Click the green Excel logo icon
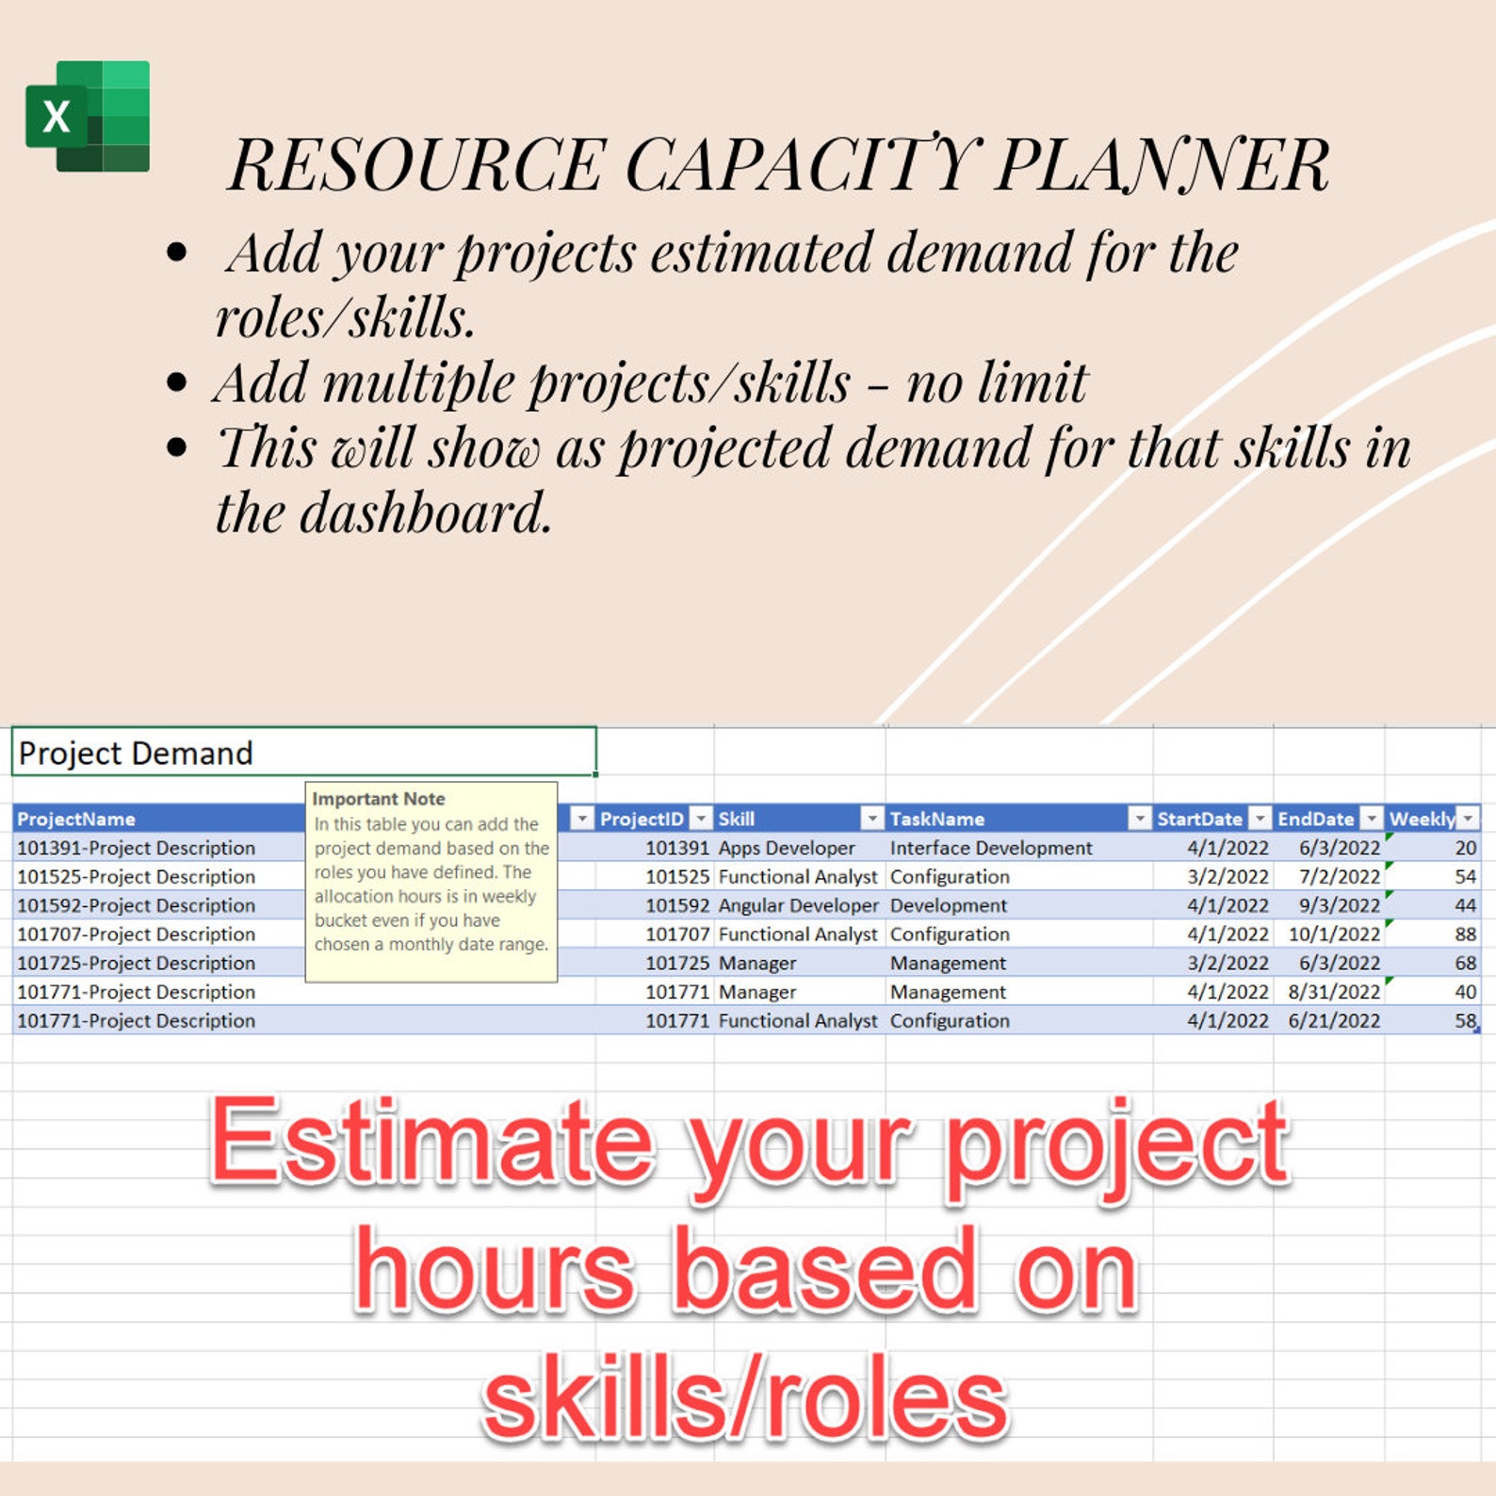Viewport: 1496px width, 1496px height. click(88, 116)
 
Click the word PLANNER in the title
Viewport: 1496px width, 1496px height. click(1163, 165)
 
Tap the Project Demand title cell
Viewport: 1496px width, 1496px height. click(303, 753)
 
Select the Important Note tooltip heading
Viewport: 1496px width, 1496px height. click(379, 799)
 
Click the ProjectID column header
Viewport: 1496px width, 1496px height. click(642, 819)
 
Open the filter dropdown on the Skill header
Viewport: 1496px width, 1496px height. click(872, 819)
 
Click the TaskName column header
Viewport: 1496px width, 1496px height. click(937, 819)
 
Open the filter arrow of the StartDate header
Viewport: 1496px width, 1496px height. click(1260, 819)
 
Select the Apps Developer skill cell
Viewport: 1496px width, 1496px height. click(787, 848)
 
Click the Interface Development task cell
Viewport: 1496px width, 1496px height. click(991, 848)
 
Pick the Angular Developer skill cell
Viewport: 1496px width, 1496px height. click(798, 905)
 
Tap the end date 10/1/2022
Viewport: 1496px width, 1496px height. click(1334, 935)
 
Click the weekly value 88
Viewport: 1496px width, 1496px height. click(1465, 935)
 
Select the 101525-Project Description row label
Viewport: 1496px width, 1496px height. click(137, 877)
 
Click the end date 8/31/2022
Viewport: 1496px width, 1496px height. click(1334, 992)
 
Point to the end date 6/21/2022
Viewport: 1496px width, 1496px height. click(1334, 1021)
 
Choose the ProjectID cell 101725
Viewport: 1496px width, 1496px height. click(676, 964)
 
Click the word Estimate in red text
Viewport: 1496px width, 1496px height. click(431, 1142)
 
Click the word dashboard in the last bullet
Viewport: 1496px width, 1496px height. click(425, 512)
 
